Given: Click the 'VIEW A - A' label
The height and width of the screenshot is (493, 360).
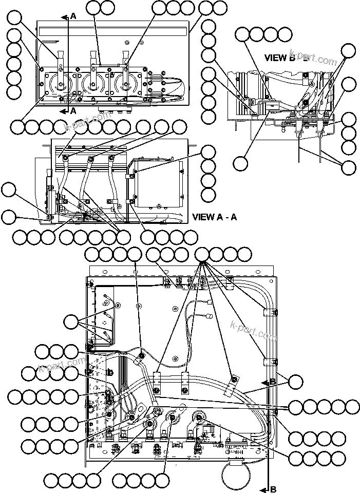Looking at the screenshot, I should point(214,217).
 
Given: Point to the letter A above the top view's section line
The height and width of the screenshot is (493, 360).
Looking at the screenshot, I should point(73,16).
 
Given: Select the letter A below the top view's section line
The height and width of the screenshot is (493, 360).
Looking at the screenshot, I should point(73,110).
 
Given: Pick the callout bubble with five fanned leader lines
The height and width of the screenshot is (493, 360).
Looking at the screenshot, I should point(202,254).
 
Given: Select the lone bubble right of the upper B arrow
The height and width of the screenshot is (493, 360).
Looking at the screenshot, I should point(296,382).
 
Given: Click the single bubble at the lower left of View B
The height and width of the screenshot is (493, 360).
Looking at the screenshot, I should point(240,164).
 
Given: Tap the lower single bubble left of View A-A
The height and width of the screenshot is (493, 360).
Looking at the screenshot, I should point(8,217).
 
